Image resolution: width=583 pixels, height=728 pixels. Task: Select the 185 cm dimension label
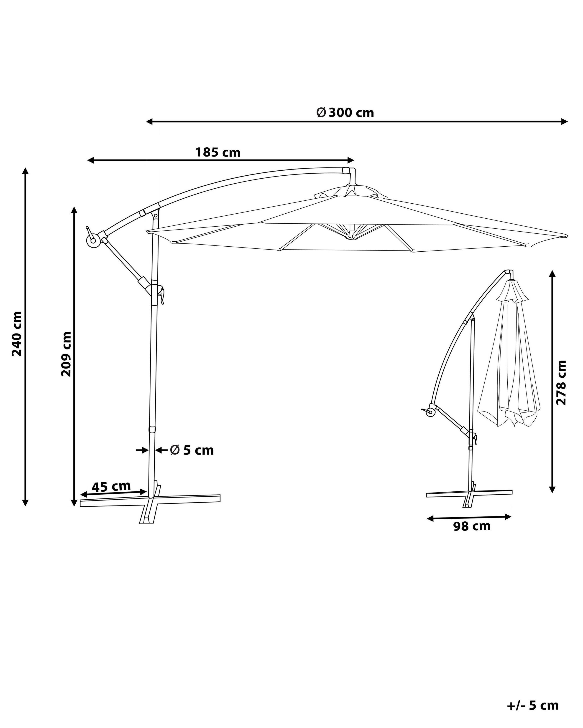click(x=218, y=153)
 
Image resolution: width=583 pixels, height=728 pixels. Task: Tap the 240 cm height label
click(x=17, y=334)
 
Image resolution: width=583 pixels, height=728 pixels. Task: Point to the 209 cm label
click(x=66, y=354)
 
